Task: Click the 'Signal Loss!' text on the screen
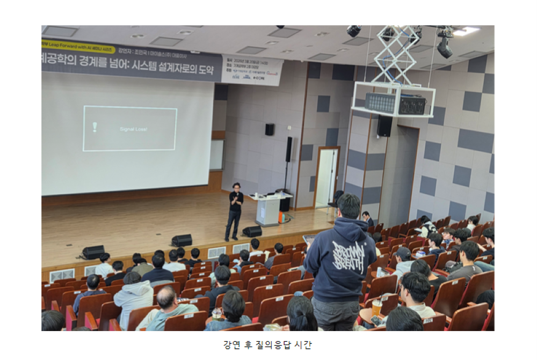[x=133, y=129]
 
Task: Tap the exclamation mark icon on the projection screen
[x=95, y=127]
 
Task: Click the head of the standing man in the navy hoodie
[x=349, y=206]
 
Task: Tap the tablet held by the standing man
[x=309, y=239]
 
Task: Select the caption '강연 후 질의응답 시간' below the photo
[x=267, y=345]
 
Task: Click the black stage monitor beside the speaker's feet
[x=252, y=231]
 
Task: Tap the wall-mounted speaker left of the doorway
[x=269, y=129]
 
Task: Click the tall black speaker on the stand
[x=289, y=149]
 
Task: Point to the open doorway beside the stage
[x=327, y=177]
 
